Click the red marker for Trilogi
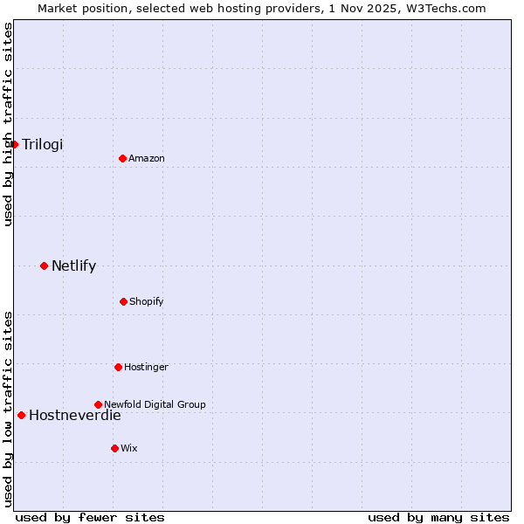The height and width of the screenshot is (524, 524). (x=15, y=144)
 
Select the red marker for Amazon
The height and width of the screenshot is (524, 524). (x=122, y=158)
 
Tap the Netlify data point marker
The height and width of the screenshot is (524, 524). (x=44, y=265)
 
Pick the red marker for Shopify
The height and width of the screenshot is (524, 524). (x=123, y=301)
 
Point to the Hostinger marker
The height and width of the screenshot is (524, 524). (x=118, y=367)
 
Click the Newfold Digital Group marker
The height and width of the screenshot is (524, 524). (x=98, y=404)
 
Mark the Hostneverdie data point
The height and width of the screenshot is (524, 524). (x=21, y=415)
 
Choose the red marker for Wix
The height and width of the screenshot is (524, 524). (x=114, y=448)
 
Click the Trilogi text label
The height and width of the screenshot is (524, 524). (x=43, y=144)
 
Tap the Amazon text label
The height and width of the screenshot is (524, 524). (x=147, y=158)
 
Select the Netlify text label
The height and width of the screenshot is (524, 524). (x=73, y=265)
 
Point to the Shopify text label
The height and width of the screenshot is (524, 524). (x=147, y=301)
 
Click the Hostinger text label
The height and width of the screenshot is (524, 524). (x=146, y=367)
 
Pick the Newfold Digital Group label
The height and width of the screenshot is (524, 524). (x=155, y=404)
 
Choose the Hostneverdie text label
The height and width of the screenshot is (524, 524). (x=75, y=415)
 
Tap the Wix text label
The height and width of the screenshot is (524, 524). (x=129, y=448)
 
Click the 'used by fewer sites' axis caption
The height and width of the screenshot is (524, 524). (x=90, y=517)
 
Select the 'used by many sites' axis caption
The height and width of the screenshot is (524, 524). (x=438, y=517)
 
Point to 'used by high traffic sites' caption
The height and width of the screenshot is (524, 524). (x=8, y=124)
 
